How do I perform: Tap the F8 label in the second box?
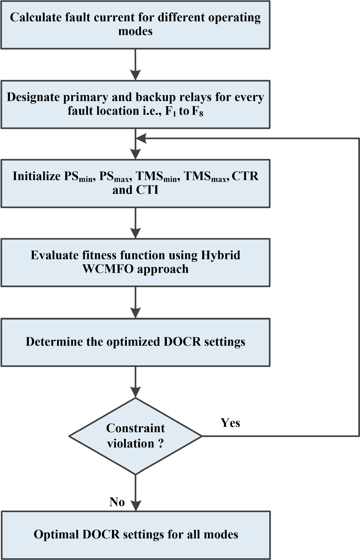click(197, 112)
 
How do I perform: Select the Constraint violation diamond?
click(135, 436)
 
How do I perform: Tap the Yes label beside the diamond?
click(230, 423)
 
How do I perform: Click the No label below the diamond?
click(117, 502)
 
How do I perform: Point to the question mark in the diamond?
click(161, 443)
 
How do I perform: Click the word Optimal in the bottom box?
click(56, 534)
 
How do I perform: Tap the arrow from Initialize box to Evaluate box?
click(135, 223)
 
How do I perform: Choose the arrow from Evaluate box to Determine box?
click(135, 302)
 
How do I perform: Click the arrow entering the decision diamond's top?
click(135, 383)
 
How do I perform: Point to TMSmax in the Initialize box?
click(205, 177)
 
